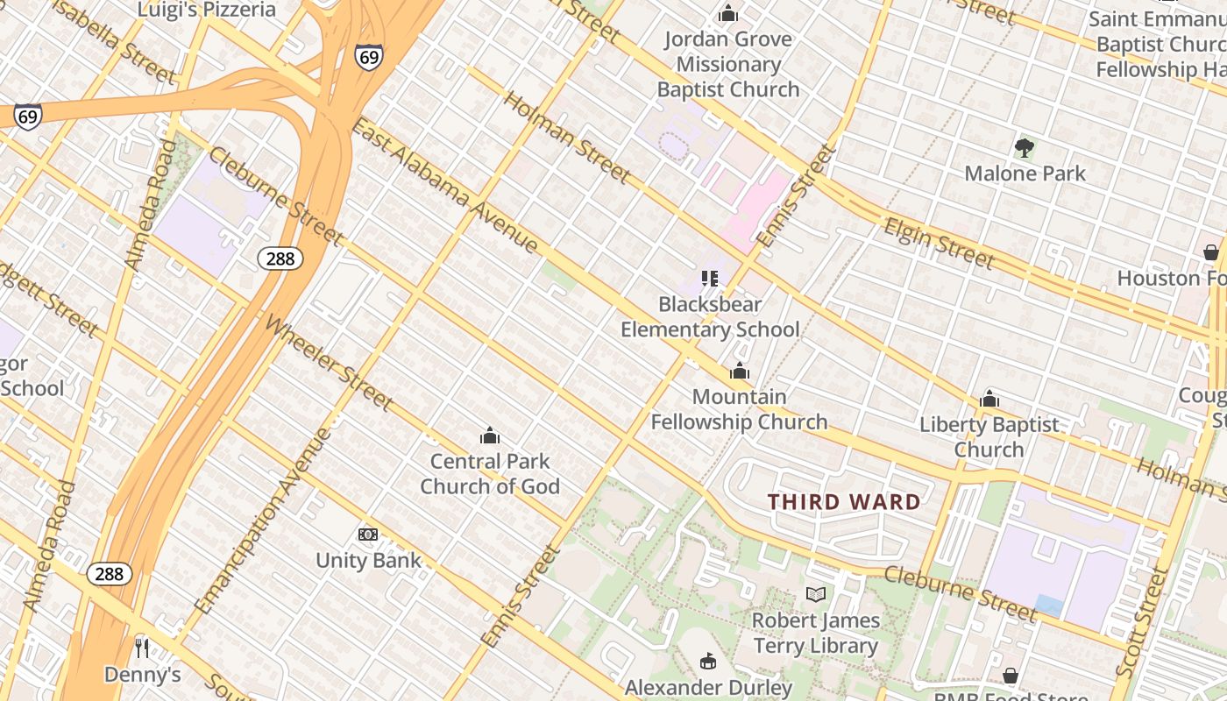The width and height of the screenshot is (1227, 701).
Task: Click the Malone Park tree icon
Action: coord(1024,148)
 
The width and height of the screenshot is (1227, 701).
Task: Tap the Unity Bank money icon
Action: coord(368,535)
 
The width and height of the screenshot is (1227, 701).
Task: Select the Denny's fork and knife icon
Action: coord(142,648)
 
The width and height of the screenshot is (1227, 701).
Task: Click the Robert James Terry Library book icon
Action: coord(816,595)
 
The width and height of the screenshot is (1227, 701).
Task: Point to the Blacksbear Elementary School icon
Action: coord(710,279)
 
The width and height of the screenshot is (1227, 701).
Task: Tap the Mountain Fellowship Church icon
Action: coord(740,372)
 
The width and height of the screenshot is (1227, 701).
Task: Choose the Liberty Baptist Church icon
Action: coord(989,400)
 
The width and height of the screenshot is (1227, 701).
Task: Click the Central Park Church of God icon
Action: coord(490,435)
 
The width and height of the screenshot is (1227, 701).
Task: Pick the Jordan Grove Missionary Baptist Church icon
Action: coord(727,14)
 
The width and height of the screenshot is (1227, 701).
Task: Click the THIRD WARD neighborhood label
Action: coord(844,502)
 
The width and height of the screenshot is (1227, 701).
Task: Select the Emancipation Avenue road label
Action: coord(264,521)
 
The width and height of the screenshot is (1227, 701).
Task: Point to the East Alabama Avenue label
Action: coord(444,185)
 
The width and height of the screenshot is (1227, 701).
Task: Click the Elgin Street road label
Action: coord(939,243)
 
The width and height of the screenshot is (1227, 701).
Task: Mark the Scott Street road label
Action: coord(1142,621)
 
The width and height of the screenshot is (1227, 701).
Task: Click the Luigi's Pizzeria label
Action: coord(207,11)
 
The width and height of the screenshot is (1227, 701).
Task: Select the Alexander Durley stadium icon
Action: coord(708,662)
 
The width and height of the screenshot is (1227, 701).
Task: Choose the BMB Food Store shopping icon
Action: coord(1011,676)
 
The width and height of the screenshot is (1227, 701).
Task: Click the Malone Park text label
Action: coord(1025,173)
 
